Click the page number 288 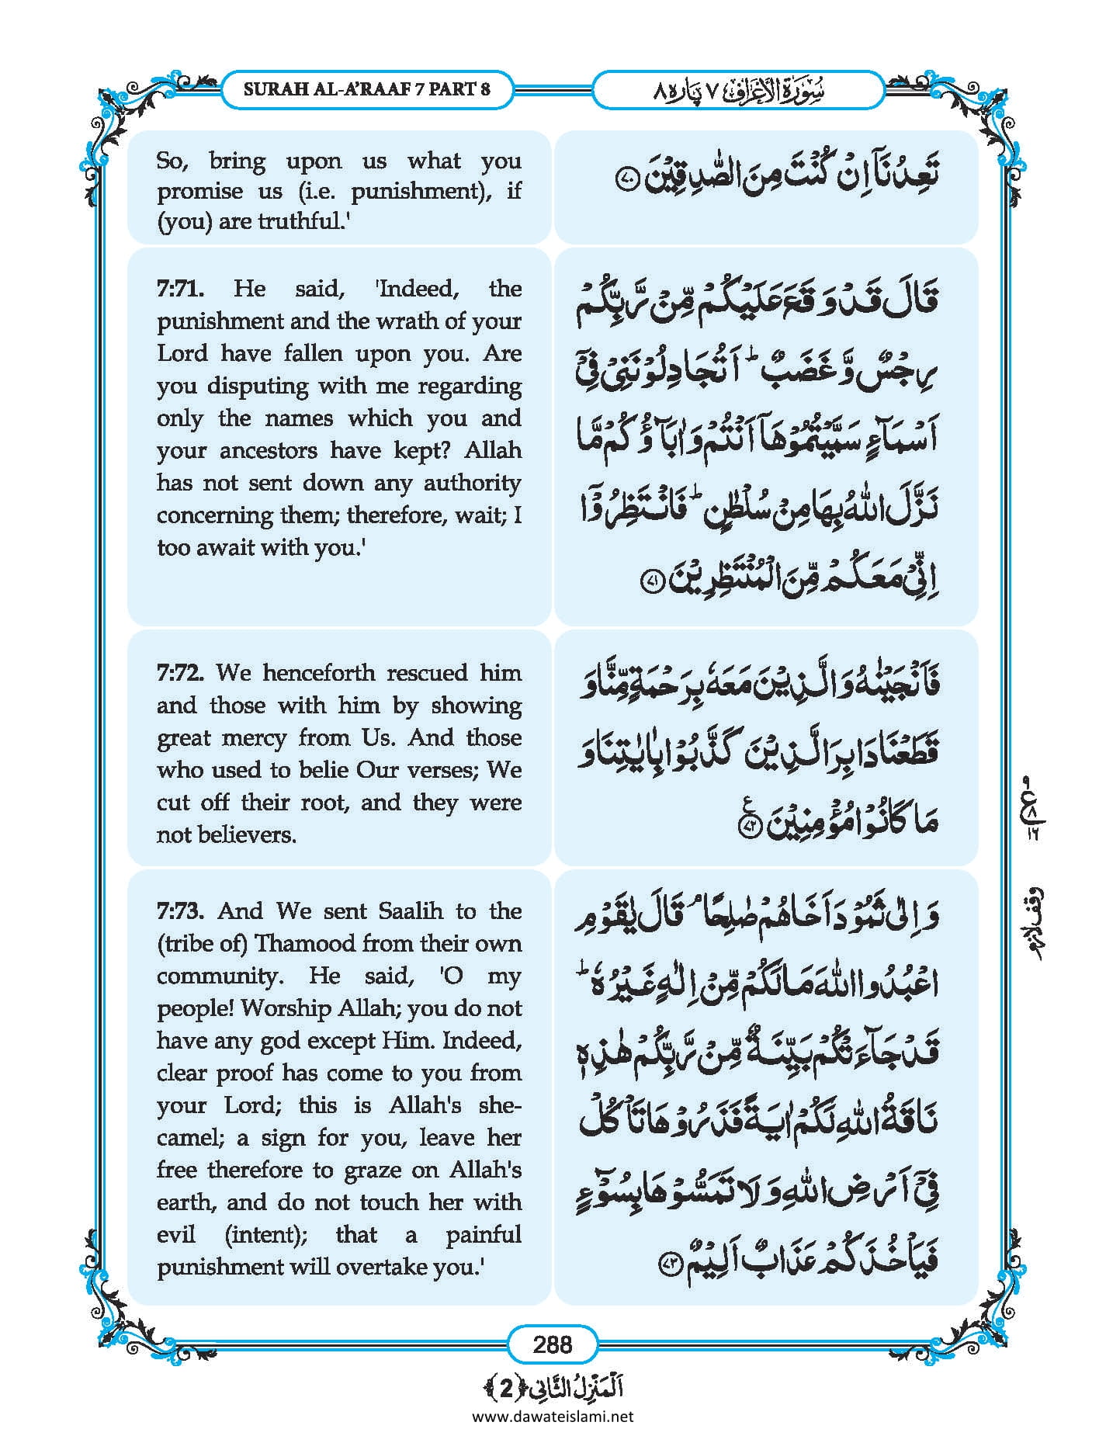pyautogui.click(x=553, y=1344)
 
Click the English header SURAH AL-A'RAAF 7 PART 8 pyautogui.click(x=367, y=88)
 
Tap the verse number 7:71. pyautogui.click(x=180, y=289)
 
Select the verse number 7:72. pyautogui.click(x=180, y=672)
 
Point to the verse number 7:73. pyautogui.click(x=180, y=911)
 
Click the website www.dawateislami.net pyautogui.click(x=553, y=1416)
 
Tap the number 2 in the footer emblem pyautogui.click(x=505, y=1389)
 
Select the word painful pyautogui.click(x=483, y=1234)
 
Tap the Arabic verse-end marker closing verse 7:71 pyautogui.click(x=654, y=581)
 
